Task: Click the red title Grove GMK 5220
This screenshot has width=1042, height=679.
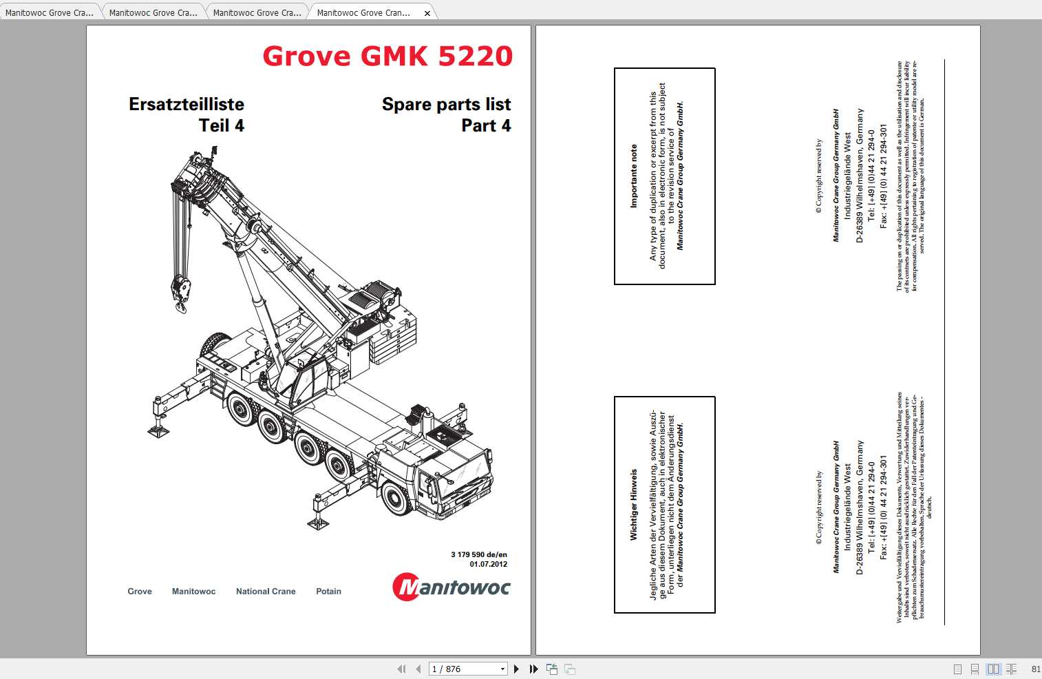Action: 387,56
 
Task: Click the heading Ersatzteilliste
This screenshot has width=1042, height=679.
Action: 187,104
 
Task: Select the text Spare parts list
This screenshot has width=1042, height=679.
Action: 446,104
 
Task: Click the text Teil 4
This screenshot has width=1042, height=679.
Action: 221,125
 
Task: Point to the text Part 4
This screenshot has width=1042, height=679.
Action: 486,125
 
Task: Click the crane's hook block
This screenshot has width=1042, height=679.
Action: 181,293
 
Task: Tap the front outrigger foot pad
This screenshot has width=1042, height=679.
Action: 317,523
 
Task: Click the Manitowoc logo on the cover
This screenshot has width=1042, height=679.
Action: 451,587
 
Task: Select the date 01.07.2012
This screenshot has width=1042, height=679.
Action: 488,564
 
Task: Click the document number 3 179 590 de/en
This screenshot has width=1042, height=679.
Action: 479,554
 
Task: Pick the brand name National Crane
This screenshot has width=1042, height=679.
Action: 266,592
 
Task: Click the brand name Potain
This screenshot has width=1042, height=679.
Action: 328,592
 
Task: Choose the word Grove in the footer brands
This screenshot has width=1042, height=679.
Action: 140,592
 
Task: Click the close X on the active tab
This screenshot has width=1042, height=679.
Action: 427,13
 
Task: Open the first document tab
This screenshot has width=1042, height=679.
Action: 49,12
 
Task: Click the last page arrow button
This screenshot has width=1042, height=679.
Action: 533,669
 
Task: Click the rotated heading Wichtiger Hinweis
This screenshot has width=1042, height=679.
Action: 634,505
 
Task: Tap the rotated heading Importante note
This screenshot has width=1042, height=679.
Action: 634,176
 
